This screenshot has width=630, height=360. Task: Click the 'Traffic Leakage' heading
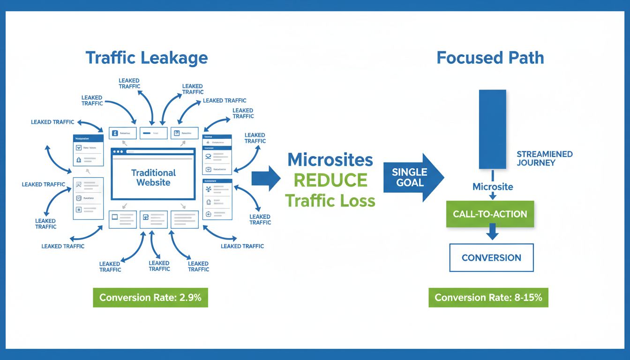click(146, 58)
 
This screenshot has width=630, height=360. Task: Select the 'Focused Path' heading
click(490, 58)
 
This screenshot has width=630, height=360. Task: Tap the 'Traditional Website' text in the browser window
click(153, 178)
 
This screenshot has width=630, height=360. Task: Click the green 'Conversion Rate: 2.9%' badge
click(150, 298)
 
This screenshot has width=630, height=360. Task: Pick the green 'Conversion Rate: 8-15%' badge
click(488, 298)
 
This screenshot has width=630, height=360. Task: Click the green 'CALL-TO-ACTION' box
click(490, 214)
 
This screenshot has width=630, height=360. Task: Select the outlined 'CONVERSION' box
click(491, 258)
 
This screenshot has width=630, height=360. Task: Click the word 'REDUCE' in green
click(330, 180)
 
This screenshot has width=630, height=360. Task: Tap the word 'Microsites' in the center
click(330, 160)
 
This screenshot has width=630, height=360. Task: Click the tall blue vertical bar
click(492, 129)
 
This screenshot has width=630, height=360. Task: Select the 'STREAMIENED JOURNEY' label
click(544, 158)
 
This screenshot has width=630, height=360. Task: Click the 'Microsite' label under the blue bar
click(493, 187)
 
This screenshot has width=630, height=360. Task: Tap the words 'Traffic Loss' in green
click(330, 201)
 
